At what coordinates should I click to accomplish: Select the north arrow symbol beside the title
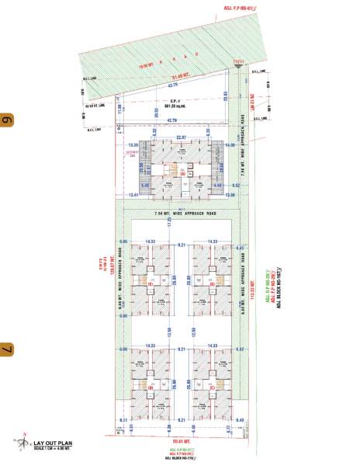pos(22,443)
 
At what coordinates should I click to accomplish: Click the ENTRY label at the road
pos(238,64)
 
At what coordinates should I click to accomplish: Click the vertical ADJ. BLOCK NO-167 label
pos(276,290)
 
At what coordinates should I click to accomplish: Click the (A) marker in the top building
pos(182,174)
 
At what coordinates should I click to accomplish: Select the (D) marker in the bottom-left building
pos(149,386)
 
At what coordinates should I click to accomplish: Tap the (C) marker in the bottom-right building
pos(212,386)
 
